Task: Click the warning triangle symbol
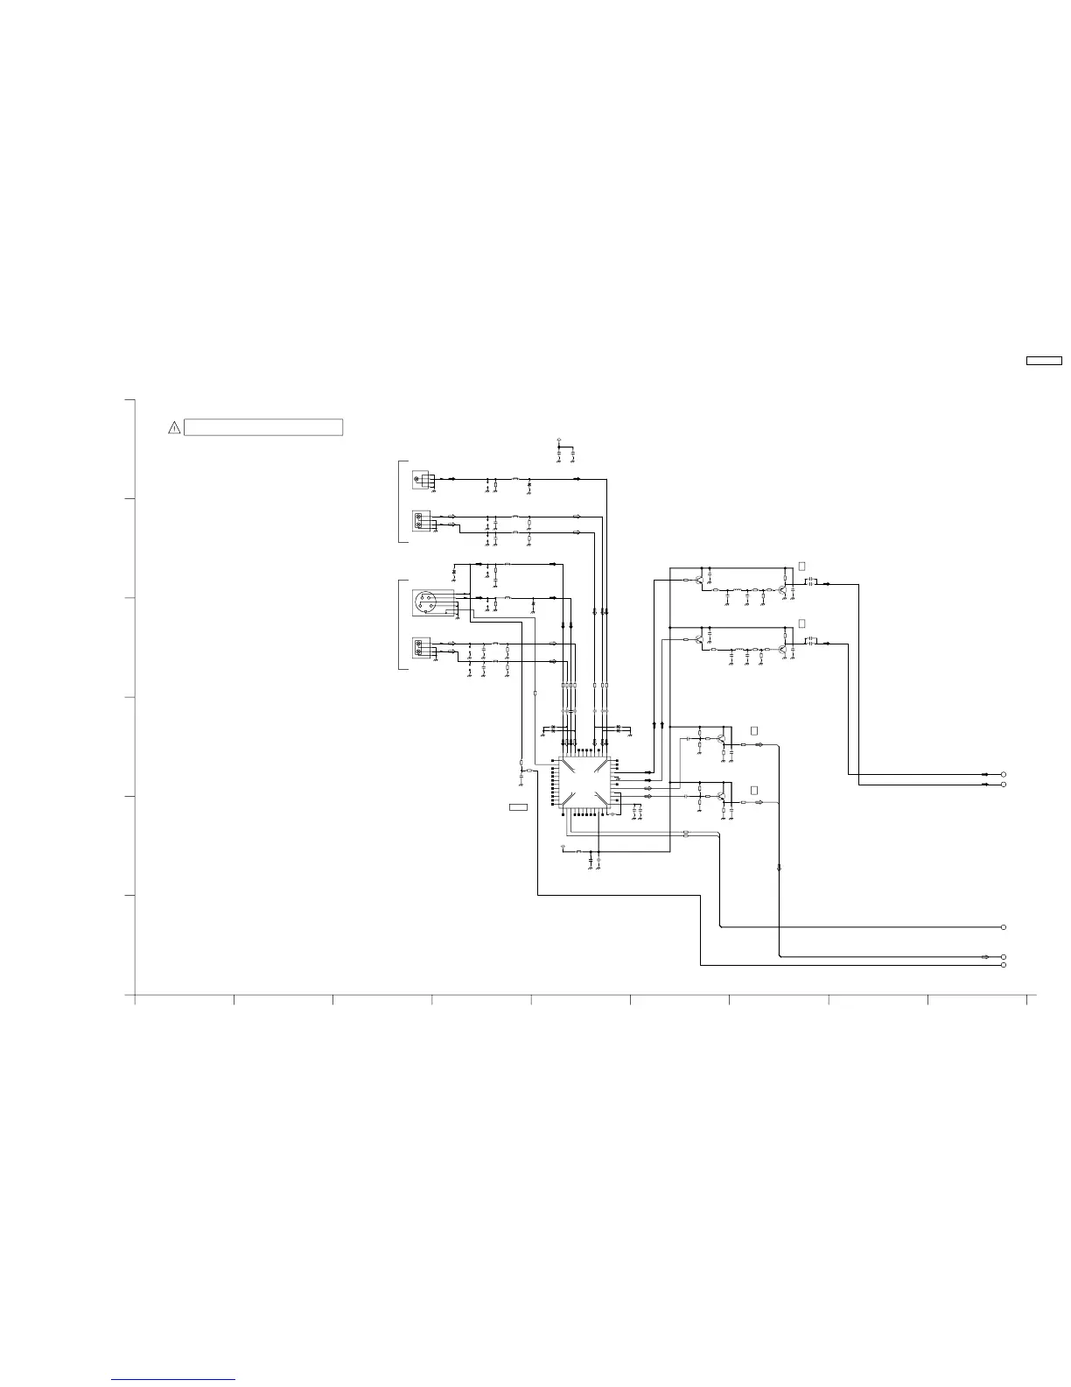pyautogui.click(x=174, y=428)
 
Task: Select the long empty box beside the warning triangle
pyautogui.click(x=263, y=427)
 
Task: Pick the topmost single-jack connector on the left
pyautogui.click(x=422, y=480)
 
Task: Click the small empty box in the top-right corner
pyautogui.click(x=1044, y=360)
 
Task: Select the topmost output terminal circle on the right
pyautogui.click(x=1004, y=774)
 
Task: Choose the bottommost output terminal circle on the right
pyautogui.click(x=1004, y=965)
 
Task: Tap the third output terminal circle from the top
pyautogui.click(x=1004, y=926)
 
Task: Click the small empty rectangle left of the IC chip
pyautogui.click(x=518, y=806)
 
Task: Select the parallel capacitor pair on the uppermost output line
pyautogui.click(x=810, y=581)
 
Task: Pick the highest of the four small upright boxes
pyautogui.click(x=801, y=567)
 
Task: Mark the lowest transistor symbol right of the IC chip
pyautogui.click(x=719, y=797)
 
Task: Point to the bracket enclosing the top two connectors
pyautogui.click(x=401, y=501)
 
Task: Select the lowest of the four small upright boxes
pyautogui.click(x=754, y=790)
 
